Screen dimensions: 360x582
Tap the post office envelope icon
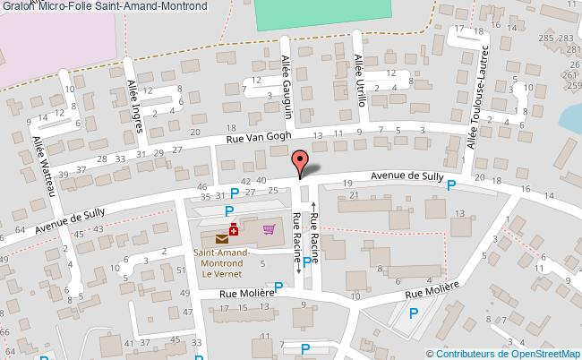click(221, 238)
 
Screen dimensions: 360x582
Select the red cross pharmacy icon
click(234, 229)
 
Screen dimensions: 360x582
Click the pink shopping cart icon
click(268, 229)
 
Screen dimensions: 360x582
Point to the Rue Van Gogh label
click(256, 138)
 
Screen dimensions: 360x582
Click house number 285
click(544, 39)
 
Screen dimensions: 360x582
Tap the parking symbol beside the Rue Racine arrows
click(307, 262)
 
